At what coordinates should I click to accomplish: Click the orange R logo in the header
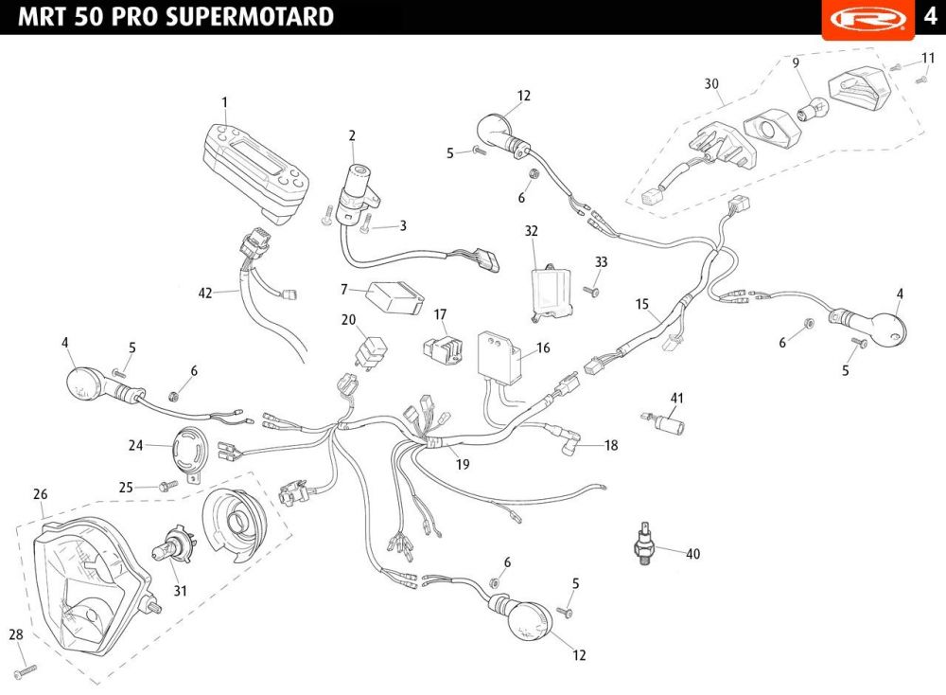tap(868, 19)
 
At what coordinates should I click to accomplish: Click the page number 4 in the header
tap(930, 16)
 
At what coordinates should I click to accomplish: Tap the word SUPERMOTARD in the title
tap(249, 16)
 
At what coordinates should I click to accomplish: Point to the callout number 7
tap(344, 290)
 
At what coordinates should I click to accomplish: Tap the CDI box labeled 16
tap(500, 357)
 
